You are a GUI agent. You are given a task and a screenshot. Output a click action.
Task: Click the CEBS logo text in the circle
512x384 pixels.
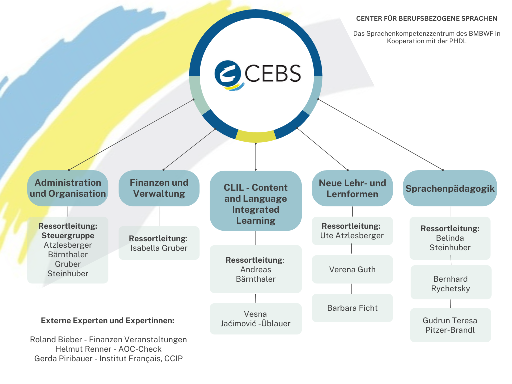273,73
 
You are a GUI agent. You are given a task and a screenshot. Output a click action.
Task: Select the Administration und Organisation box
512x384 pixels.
68,188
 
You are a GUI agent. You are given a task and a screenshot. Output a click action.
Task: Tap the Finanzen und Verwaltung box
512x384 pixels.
159,188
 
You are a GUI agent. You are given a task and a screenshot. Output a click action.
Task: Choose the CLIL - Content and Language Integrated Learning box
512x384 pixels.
256,204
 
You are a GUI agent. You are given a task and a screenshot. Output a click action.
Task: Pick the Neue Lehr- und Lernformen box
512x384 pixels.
352,189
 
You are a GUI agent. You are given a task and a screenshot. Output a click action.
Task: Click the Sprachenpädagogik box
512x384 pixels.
450,189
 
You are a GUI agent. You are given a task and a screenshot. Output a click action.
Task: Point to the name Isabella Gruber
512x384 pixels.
159,248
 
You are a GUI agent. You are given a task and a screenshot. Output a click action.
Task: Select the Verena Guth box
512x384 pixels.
352,270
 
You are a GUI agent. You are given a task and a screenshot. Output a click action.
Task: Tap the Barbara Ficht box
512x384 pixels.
352,308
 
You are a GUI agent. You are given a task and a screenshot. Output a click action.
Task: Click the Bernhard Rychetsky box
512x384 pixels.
451,284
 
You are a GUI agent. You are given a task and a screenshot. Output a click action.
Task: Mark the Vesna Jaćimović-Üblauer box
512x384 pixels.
255,319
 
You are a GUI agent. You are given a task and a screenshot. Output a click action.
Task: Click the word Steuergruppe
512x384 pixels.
68,235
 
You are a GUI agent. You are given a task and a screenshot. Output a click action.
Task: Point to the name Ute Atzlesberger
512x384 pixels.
352,236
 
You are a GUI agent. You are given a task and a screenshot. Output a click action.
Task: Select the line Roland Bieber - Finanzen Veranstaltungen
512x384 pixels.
108,340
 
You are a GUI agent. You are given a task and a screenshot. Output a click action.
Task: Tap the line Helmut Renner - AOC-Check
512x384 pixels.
108,349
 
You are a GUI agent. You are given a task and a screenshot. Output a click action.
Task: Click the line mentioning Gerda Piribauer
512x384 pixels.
108,359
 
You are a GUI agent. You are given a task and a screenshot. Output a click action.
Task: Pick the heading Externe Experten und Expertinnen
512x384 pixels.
108,321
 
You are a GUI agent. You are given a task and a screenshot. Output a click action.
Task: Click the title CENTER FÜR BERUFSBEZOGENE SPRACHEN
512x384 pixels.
426,19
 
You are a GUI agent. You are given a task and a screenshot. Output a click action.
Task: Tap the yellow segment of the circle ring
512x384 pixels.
256,136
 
